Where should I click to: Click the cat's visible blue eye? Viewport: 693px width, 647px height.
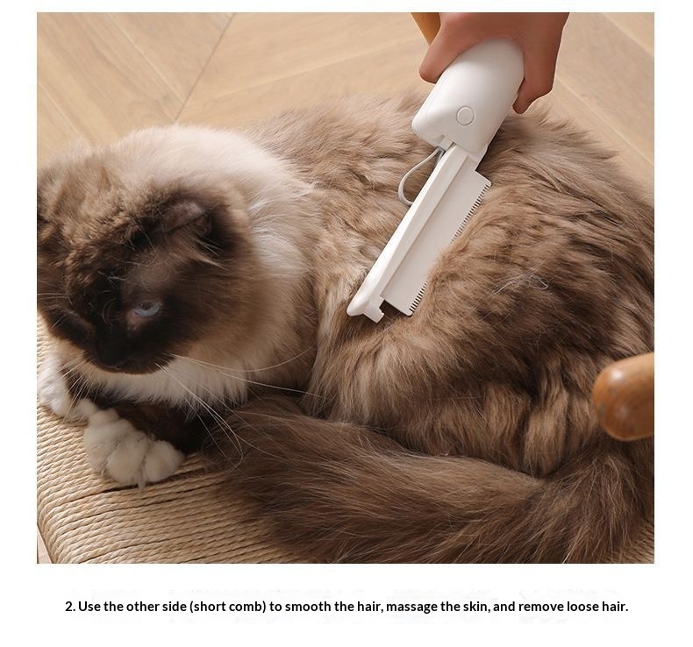pyautogui.click(x=147, y=309)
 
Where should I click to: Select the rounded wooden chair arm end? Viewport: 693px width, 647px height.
pyautogui.click(x=624, y=396)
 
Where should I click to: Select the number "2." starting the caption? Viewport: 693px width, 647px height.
pyautogui.click(x=70, y=607)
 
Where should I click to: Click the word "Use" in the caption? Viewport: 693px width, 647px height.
pyautogui.click(x=89, y=607)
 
